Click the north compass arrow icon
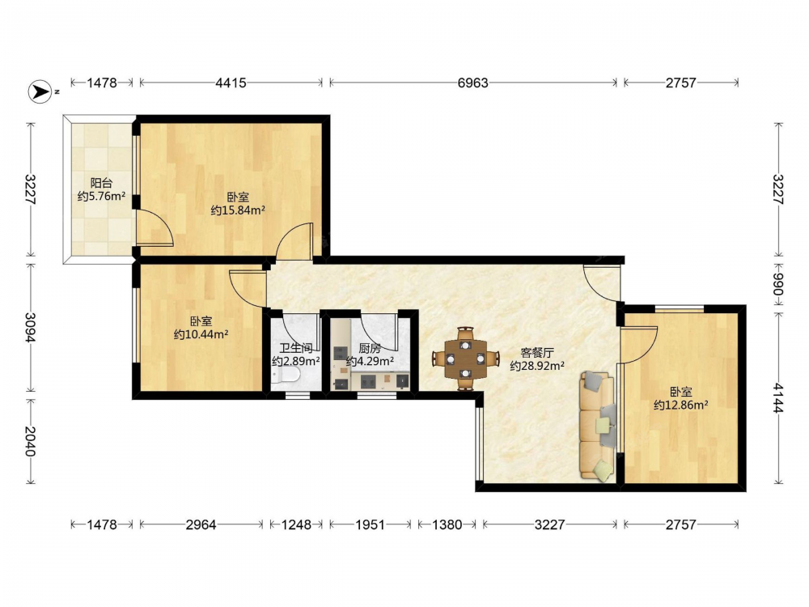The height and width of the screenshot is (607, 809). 40,91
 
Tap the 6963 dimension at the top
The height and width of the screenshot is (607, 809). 472,83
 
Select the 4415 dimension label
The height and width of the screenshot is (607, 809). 231,83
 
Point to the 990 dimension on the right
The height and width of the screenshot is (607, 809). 778,284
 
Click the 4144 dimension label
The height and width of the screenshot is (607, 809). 778,397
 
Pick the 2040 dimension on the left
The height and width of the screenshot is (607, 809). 31,441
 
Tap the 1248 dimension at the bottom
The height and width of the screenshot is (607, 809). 296,525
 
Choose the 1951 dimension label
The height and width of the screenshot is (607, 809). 370,525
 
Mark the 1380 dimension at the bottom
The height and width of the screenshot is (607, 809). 447,525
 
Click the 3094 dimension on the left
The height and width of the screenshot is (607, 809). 31,327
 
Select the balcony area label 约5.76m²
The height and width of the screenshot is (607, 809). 102,196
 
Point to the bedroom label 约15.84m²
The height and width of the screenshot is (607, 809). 238,210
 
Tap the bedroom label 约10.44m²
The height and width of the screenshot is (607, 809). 201,334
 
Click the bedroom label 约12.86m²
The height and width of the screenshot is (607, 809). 680,405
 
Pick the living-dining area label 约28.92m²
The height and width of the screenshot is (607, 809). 537,366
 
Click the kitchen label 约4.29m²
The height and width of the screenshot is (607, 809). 370,361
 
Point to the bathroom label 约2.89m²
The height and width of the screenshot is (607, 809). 295,361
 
